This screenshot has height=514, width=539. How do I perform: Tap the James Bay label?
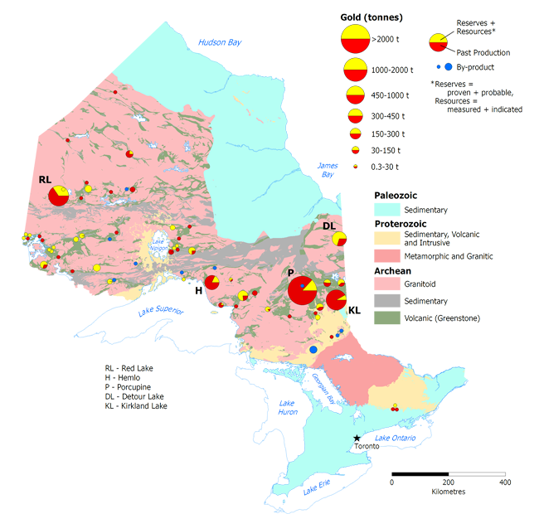click(x=327, y=170)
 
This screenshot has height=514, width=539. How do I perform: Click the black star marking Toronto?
click(x=357, y=438)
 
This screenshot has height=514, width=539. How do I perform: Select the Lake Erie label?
click(x=317, y=489)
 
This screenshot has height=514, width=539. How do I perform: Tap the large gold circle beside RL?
click(x=59, y=196)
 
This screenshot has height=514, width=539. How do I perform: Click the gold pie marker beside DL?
click(x=339, y=239)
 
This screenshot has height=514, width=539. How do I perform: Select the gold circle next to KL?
click(x=336, y=299)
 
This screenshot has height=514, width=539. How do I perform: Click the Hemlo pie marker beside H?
click(x=212, y=284)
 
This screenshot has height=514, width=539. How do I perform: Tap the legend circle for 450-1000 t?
click(x=356, y=95)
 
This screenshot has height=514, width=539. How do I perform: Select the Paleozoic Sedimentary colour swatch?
click(x=384, y=211)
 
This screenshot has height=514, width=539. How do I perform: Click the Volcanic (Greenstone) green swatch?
click(x=384, y=318)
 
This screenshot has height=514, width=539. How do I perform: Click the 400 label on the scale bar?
click(x=503, y=482)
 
